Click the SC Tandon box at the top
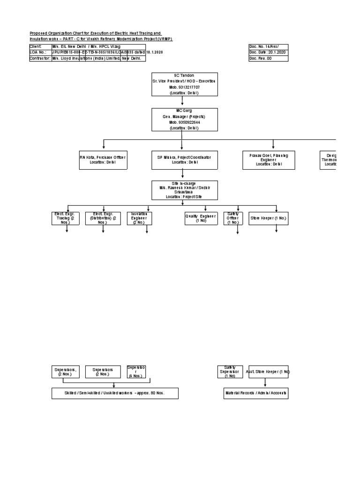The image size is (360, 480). [184, 84]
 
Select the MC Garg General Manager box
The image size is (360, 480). [184, 119]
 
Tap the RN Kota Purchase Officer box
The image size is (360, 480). [103, 160]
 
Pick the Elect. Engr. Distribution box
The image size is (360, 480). [103, 218]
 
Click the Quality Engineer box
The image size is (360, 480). [201, 218]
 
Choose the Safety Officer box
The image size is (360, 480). [233, 218]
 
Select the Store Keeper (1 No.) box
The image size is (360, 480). [268, 218]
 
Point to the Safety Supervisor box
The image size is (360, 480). [230, 372]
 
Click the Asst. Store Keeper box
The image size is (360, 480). [268, 372]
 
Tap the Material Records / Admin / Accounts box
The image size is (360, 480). [255, 393]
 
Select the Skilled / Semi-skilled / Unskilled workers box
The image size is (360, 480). [115, 393]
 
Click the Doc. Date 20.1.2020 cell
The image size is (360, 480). [268, 52]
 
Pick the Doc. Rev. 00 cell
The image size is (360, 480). [268, 59]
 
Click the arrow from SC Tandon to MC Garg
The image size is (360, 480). [184, 102]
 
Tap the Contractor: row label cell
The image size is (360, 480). [40, 59]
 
